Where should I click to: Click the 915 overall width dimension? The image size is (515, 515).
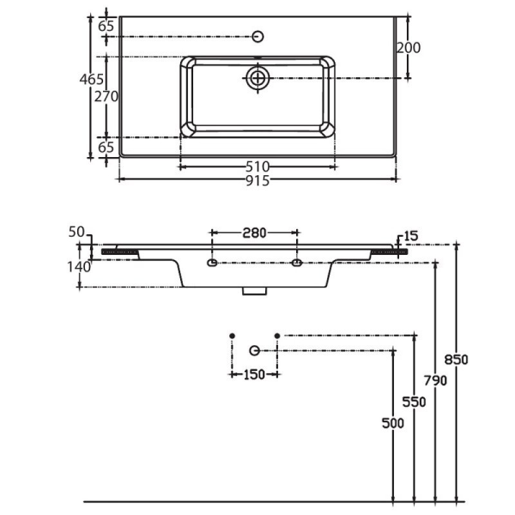pyautogui.click(x=257, y=181)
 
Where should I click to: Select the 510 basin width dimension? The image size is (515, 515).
pyautogui.click(x=257, y=167)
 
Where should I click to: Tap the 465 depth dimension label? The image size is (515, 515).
pyautogui.click(x=91, y=79)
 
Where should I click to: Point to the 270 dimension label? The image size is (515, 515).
pyautogui.click(x=106, y=96)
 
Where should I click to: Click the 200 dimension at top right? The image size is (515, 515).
pyautogui.click(x=408, y=48)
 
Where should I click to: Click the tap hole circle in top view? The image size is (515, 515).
pyautogui.click(x=258, y=37)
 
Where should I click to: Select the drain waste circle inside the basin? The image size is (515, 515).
pyautogui.click(x=258, y=78)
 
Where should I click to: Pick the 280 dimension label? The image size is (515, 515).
pyautogui.click(x=254, y=233)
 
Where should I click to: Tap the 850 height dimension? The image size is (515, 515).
pyautogui.click(x=456, y=360)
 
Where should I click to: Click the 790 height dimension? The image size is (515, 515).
pyautogui.click(x=435, y=380)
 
